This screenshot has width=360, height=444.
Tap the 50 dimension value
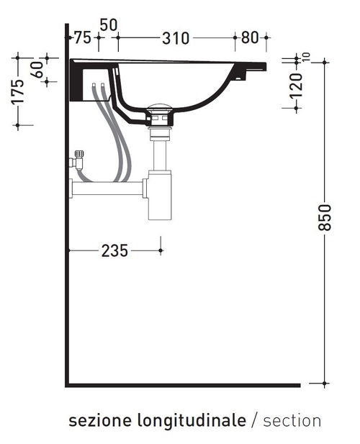point(108,24)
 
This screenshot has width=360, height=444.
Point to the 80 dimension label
point(250,39)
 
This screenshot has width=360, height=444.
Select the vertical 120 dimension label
point(296,84)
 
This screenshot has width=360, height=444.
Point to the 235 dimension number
point(114,250)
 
